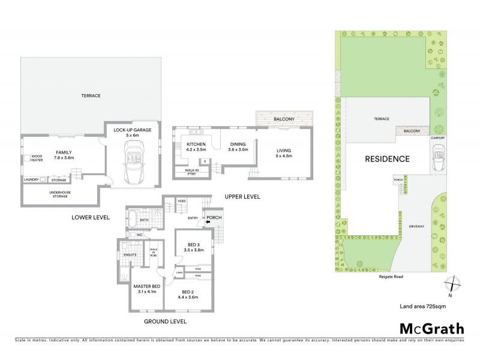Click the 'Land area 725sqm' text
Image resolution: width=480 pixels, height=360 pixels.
pos(422,306)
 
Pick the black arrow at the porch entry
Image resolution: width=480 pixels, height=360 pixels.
pos(207,223)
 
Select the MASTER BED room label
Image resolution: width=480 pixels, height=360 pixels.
pos(146,287)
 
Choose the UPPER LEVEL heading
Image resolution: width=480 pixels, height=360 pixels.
pos(242,197)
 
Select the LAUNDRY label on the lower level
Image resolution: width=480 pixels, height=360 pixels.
pos(31,179)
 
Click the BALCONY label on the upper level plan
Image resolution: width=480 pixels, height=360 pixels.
pos(284,119)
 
